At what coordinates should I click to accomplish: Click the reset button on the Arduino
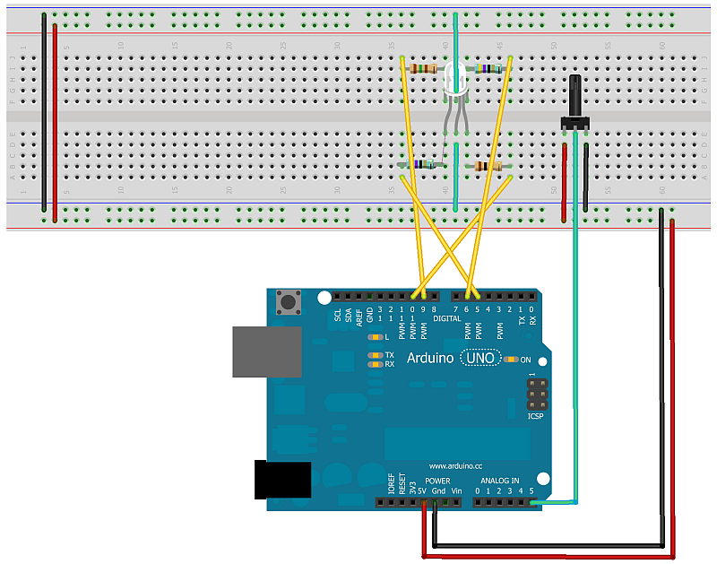(x=289, y=303)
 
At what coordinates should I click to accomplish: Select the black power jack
(x=281, y=480)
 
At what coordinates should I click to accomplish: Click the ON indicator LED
(x=512, y=360)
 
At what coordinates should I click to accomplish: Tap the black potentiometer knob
(x=574, y=97)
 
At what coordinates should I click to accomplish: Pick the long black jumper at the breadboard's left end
(x=45, y=117)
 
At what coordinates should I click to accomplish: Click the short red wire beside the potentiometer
(x=565, y=179)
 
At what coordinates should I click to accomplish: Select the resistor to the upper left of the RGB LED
(x=422, y=68)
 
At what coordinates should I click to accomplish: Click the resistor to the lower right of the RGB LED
(x=488, y=166)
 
